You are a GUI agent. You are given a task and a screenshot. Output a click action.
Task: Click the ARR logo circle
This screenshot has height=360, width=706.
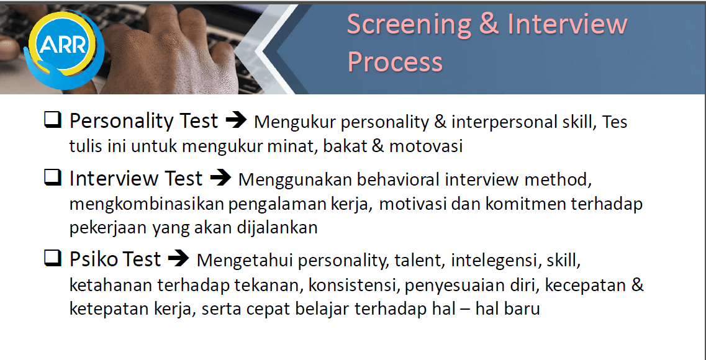[x=63, y=45]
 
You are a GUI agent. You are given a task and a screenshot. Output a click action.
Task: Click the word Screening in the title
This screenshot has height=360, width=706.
[x=408, y=24]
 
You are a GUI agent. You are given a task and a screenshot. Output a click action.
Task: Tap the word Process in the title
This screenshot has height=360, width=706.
[x=395, y=62]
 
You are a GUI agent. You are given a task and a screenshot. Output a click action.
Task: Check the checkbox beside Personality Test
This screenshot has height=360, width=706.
[x=52, y=120]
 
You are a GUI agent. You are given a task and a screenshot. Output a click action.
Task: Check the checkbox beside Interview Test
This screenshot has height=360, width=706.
[x=52, y=179]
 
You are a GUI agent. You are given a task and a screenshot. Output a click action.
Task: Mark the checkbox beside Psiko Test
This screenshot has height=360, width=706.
[x=52, y=259]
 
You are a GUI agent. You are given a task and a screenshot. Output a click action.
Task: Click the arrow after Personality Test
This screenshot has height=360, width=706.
[x=236, y=120]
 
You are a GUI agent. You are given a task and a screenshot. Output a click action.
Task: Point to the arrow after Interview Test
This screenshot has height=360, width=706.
[x=220, y=179]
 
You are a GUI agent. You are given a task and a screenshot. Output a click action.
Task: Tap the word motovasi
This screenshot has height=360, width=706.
[x=425, y=146]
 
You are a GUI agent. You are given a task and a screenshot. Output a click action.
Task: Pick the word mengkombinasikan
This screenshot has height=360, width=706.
[x=147, y=205]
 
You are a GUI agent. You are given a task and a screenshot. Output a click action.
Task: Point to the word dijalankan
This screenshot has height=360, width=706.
[x=278, y=228]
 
